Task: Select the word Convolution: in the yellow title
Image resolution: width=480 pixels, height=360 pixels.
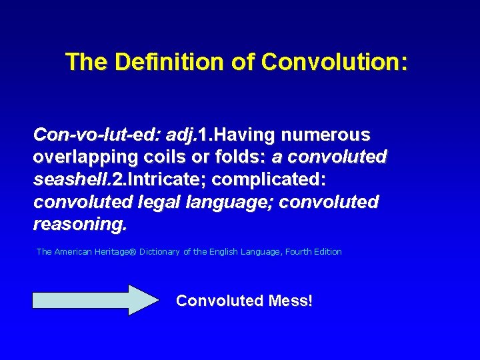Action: (x=334, y=62)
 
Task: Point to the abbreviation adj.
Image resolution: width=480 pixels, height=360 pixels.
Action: (x=180, y=135)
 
